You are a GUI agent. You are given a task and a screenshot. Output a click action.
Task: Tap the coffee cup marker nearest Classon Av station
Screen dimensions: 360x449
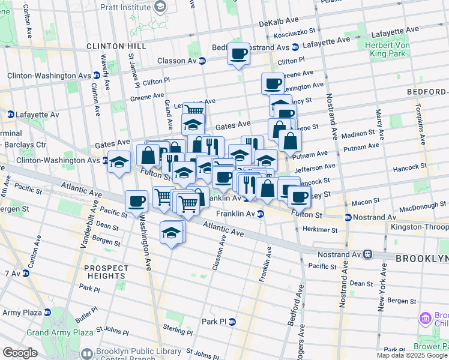(x=238, y=55)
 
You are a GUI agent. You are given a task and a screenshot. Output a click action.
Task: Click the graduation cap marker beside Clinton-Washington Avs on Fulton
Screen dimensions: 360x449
(x=119, y=162)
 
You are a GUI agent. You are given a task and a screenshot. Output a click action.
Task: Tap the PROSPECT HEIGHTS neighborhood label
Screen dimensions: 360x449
(x=106, y=272)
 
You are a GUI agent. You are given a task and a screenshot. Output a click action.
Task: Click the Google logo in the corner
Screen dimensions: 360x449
(x=20, y=353)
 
